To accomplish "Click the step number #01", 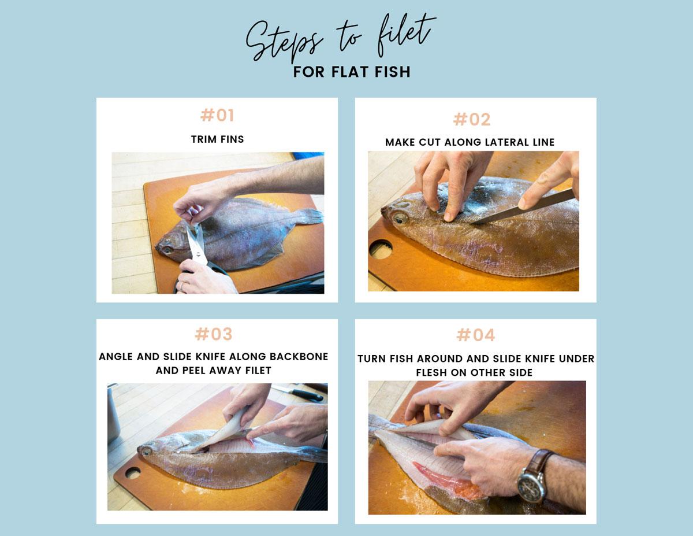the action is (x=217, y=115).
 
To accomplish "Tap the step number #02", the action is (x=472, y=119).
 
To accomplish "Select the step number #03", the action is (x=214, y=334).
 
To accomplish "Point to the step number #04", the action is (x=475, y=335).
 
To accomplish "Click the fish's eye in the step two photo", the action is (x=400, y=219).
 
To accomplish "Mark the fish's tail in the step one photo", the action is (x=311, y=216).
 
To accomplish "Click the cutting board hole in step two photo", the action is (x=381, y=249).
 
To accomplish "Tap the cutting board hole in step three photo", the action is (x=133, y=473).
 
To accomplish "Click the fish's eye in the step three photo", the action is (x=147, y=452).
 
